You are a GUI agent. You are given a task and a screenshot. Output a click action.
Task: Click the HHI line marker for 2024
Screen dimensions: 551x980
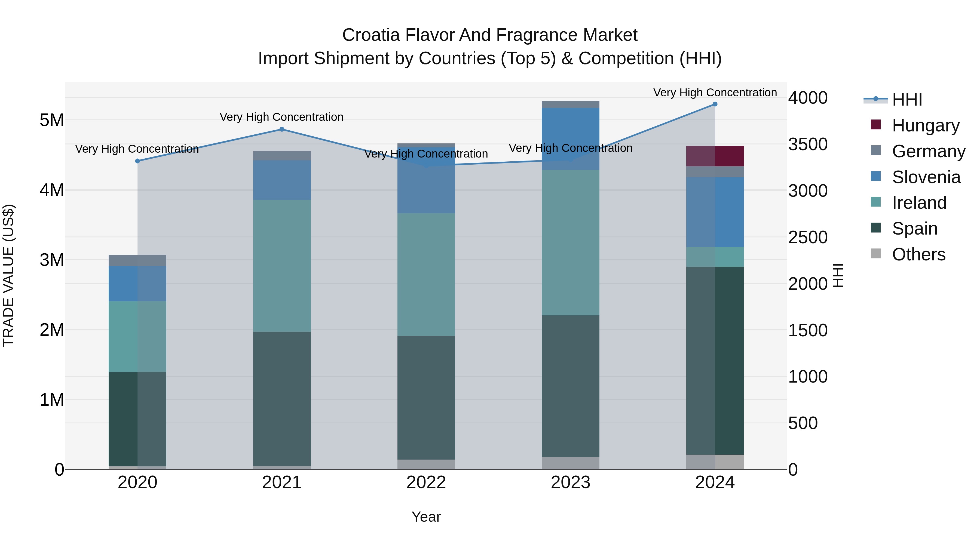point(715,104)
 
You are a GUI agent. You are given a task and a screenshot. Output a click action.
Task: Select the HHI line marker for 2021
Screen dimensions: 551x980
point(282,129)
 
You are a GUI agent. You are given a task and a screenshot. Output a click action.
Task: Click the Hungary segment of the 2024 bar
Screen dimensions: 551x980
point(715,156)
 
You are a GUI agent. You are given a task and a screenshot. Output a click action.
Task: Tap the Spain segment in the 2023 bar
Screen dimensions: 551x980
point(570,386)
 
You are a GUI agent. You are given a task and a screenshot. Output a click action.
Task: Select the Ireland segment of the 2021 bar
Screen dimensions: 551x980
point(282,265)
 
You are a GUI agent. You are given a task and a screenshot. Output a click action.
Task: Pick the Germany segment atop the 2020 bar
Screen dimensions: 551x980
point(137,260)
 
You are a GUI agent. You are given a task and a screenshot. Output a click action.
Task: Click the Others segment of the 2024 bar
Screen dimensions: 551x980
point(715,462)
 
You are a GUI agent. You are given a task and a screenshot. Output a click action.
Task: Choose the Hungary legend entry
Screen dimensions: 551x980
point(925,125)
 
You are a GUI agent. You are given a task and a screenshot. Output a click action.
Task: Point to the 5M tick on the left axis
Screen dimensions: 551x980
point(52,120)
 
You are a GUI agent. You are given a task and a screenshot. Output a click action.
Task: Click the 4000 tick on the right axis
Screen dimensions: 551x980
point(808,98)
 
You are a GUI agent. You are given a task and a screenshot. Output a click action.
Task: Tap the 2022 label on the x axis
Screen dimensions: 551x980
point(426,482)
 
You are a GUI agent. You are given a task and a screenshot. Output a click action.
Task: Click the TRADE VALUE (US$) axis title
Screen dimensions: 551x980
point(8,275)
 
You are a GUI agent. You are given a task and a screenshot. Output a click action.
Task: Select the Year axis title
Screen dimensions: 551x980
point(426,517)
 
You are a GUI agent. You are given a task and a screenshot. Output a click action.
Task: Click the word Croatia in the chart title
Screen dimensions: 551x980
point(371,35)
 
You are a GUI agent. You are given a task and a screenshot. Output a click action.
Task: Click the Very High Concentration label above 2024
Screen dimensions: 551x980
point(715,93)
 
